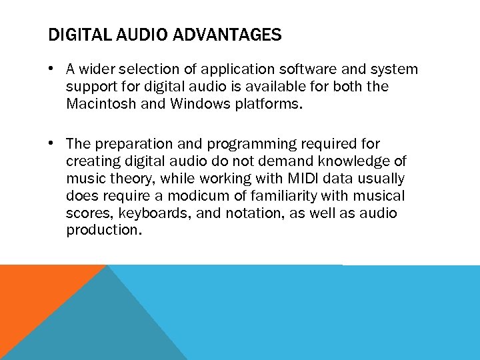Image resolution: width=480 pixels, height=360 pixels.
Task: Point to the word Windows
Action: [x=199, y=104]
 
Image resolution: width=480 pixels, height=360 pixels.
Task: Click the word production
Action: [x=104, y=231]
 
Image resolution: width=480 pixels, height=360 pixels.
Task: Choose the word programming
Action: [x=250, y=144]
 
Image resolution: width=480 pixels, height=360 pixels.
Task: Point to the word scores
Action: [x=87, y=213]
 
